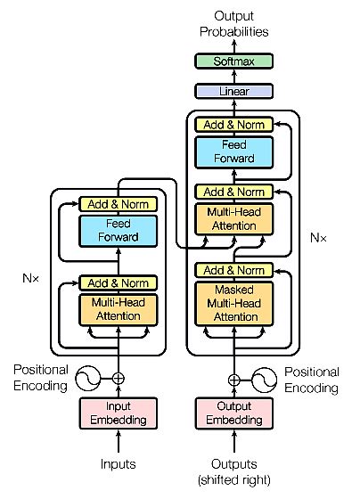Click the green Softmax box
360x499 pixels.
(x=233, y=61)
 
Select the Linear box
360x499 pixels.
(x=233, y=91)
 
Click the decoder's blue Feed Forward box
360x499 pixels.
(x=233, y=151)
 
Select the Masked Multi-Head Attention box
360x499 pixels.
(x=233, y=303)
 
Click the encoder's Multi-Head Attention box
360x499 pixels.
(x=118, y=308)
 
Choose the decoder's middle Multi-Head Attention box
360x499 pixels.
(x=233, y=219)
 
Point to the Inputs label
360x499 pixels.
(x=118, y=463)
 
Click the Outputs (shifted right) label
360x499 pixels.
(x=233, y=470)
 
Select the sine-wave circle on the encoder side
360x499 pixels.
(x=87, y=379)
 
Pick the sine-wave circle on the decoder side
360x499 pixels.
(x=265, y=379)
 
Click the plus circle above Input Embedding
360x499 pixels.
(x=118, y=379)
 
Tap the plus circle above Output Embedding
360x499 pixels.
(x=233, y=379)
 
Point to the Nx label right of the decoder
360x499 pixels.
(x=318, y=238)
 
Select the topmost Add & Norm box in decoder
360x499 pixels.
(x=233, y=125)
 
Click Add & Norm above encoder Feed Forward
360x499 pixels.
(x=118, y=204)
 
